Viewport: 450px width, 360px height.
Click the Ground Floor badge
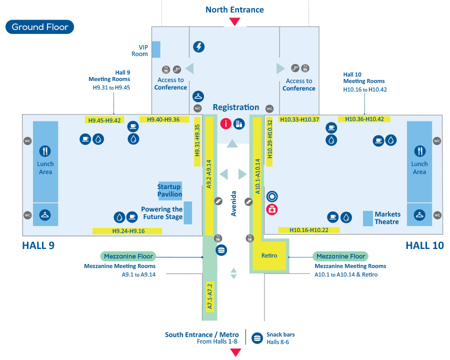pos(39,27)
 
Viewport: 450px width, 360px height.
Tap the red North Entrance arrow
pos(234,21)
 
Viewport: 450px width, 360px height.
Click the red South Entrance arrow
pos(234,352)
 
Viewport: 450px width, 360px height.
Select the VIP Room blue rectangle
pos(156,49)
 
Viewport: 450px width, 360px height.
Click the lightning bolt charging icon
pos(199,47)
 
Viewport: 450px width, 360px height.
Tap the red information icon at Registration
pos(226,123)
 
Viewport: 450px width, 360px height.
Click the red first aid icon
pos(272,210)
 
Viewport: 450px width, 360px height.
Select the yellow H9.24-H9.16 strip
pos(127,231)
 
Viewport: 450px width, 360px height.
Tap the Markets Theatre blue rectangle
pos(367,218)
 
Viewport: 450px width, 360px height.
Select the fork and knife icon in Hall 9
pos(45,150)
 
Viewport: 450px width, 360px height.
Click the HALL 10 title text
pos(424,245)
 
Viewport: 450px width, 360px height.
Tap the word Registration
pos(235,107)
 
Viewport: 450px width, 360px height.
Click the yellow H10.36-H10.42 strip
pos(364,119)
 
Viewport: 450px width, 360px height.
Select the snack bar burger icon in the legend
pos(257,337)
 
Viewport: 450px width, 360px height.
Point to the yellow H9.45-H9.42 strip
pos(104,120)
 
